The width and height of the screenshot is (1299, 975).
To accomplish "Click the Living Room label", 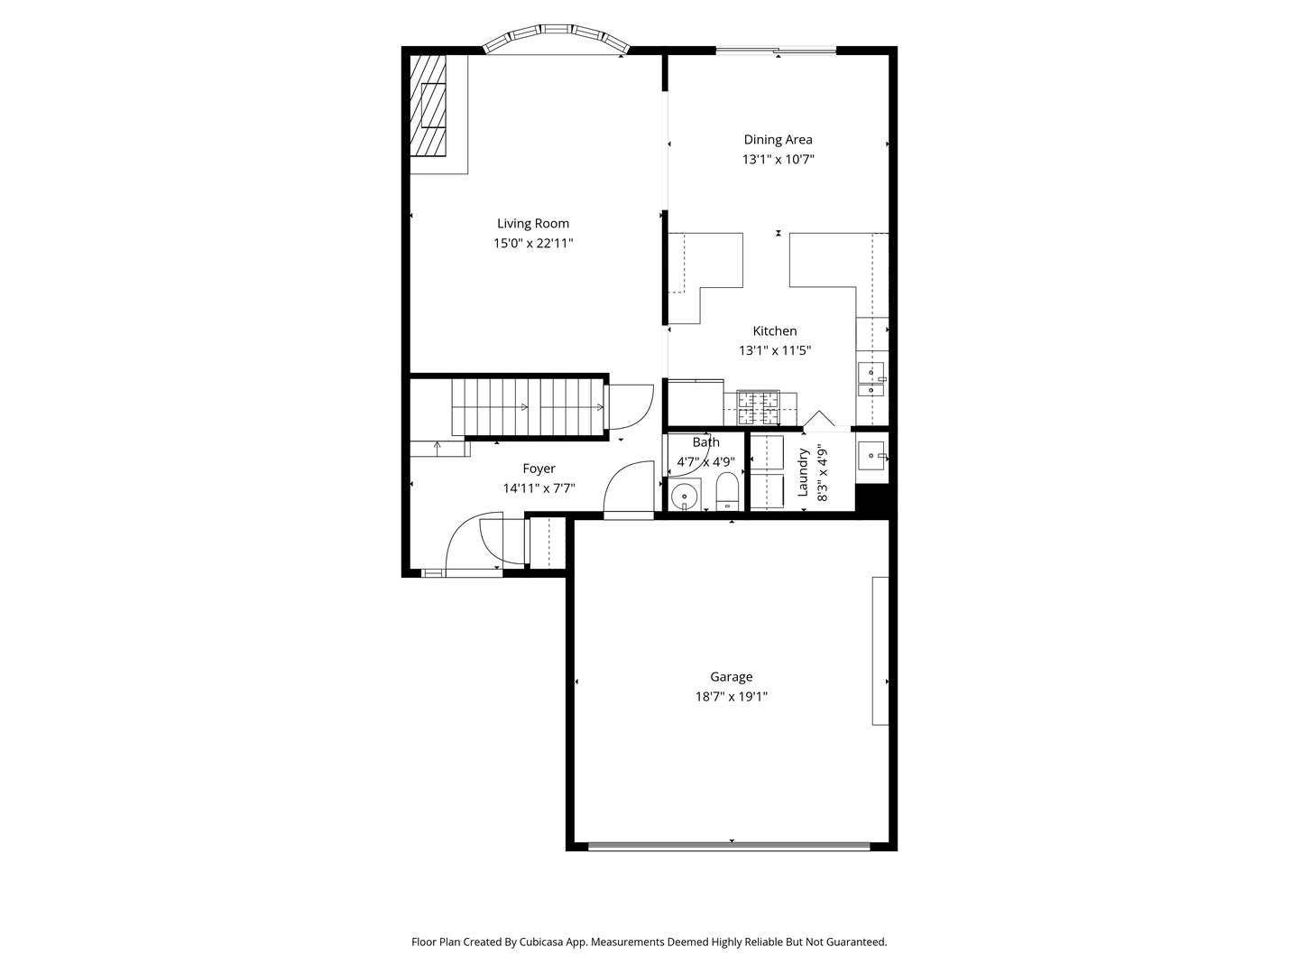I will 533,224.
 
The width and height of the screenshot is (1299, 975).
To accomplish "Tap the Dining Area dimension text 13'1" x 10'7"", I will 778,160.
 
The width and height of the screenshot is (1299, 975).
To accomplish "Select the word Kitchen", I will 775,331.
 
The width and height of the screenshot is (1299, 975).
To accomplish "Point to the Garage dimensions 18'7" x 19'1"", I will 731,697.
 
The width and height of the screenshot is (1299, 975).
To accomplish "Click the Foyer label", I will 539,469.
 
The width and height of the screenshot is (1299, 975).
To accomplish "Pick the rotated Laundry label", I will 802,472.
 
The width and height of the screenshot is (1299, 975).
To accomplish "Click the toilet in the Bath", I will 727,493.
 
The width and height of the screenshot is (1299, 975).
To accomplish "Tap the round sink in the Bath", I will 686,495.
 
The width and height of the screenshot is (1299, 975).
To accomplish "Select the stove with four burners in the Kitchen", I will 758,407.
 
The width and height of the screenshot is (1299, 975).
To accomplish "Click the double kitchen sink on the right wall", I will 871,379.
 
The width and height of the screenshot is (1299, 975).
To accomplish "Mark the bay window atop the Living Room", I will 555,37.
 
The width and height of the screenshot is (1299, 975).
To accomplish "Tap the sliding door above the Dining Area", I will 776,51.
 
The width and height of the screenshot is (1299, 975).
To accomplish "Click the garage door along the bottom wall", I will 729,846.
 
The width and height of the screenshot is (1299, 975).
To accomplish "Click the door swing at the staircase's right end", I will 631,407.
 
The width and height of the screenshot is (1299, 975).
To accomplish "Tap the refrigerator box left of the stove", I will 695,402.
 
